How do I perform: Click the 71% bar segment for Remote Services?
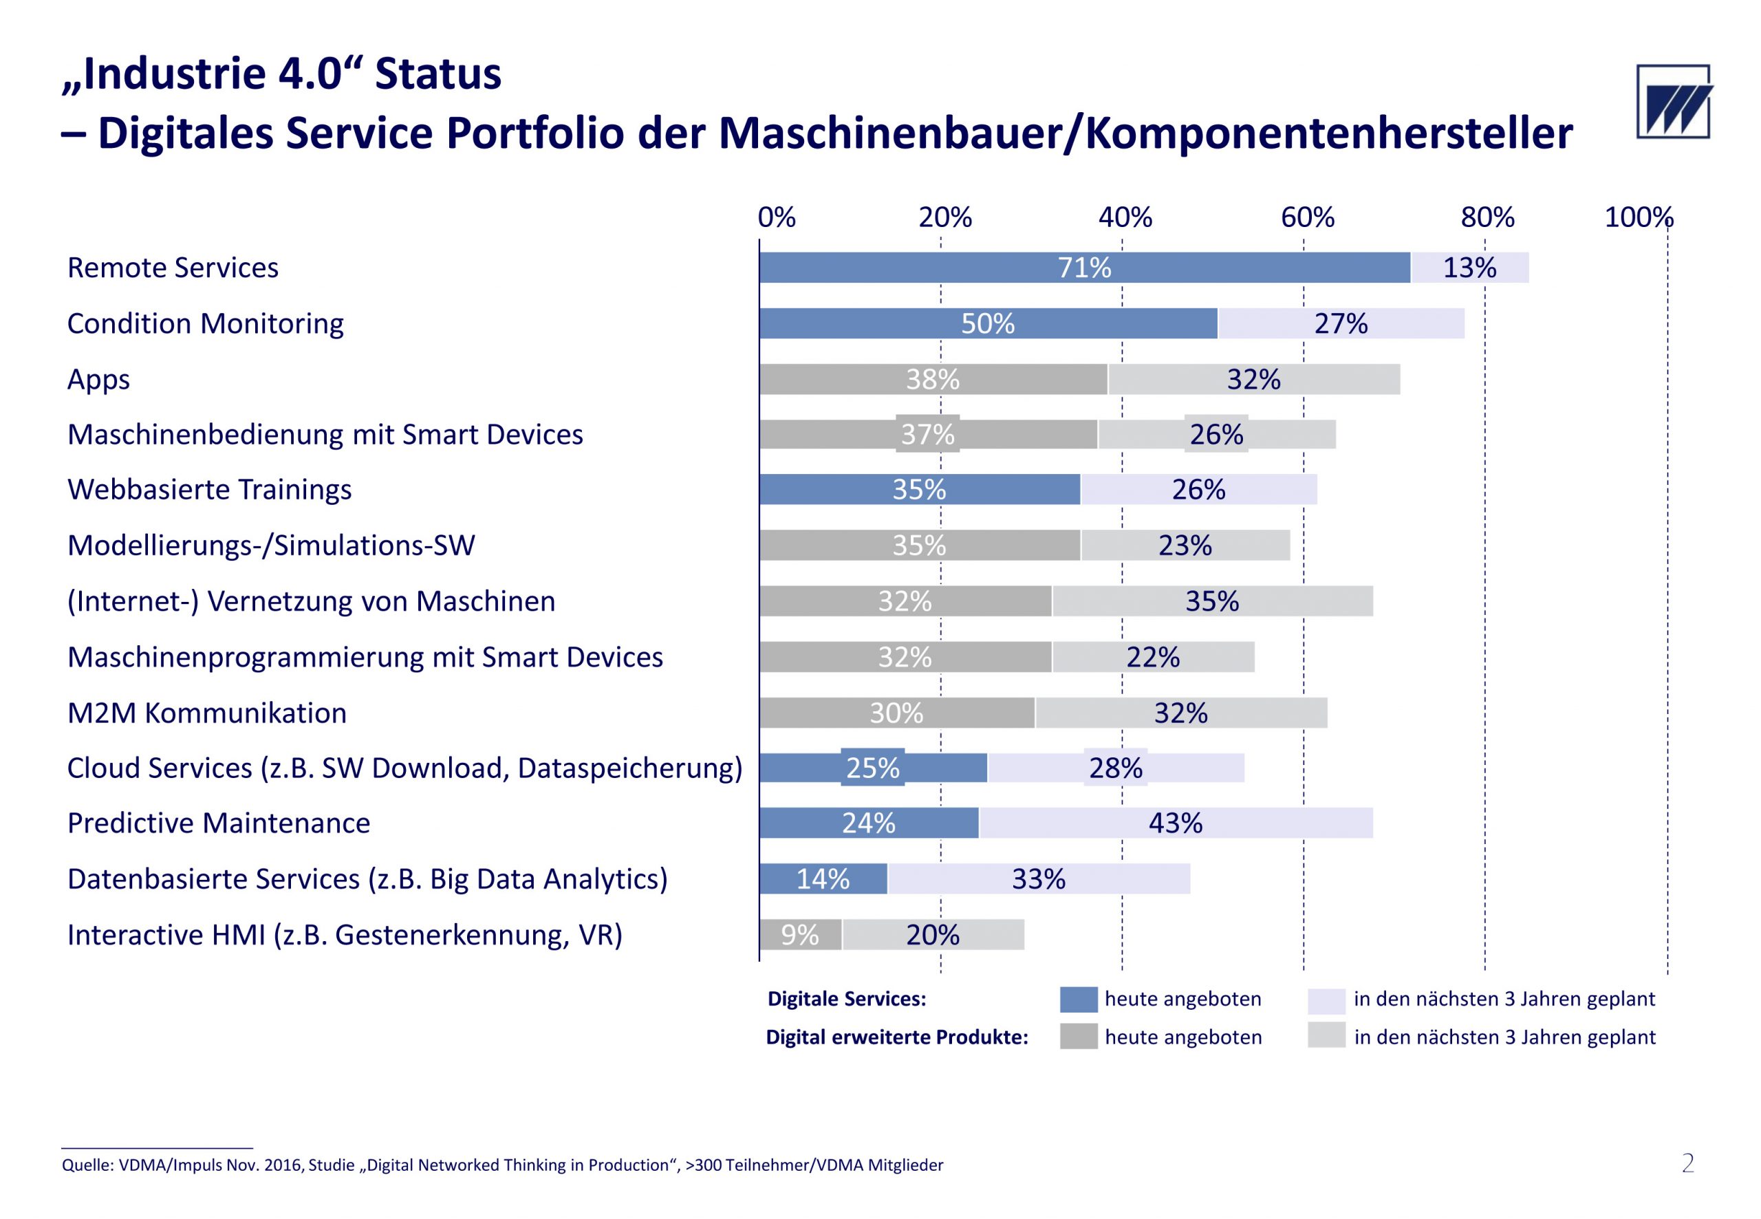tap(1083, 268)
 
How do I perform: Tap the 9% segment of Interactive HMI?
tap(799, 934)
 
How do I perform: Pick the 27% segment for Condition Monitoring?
tap(1340, 323)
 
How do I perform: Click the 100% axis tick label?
tap(1638, 217)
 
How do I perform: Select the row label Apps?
tap(98, 379)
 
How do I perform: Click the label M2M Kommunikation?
tap(207, 713)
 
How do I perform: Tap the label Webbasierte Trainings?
tap(209, 489)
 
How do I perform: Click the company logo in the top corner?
tap(1672, 102)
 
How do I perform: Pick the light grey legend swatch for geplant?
tap(1326, 1036)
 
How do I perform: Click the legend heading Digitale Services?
tap(846, 999)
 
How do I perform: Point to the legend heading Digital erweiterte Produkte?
tap(896, 1037)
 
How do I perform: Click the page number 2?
tap(1687, 1164)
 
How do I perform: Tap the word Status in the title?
tap(437, 74)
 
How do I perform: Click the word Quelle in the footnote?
tap(87, 1165)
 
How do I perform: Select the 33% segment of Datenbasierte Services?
tap(1038, 878)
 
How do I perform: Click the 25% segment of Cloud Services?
tap(873, 768)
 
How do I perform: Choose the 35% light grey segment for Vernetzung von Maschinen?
tap(1212, 601)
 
